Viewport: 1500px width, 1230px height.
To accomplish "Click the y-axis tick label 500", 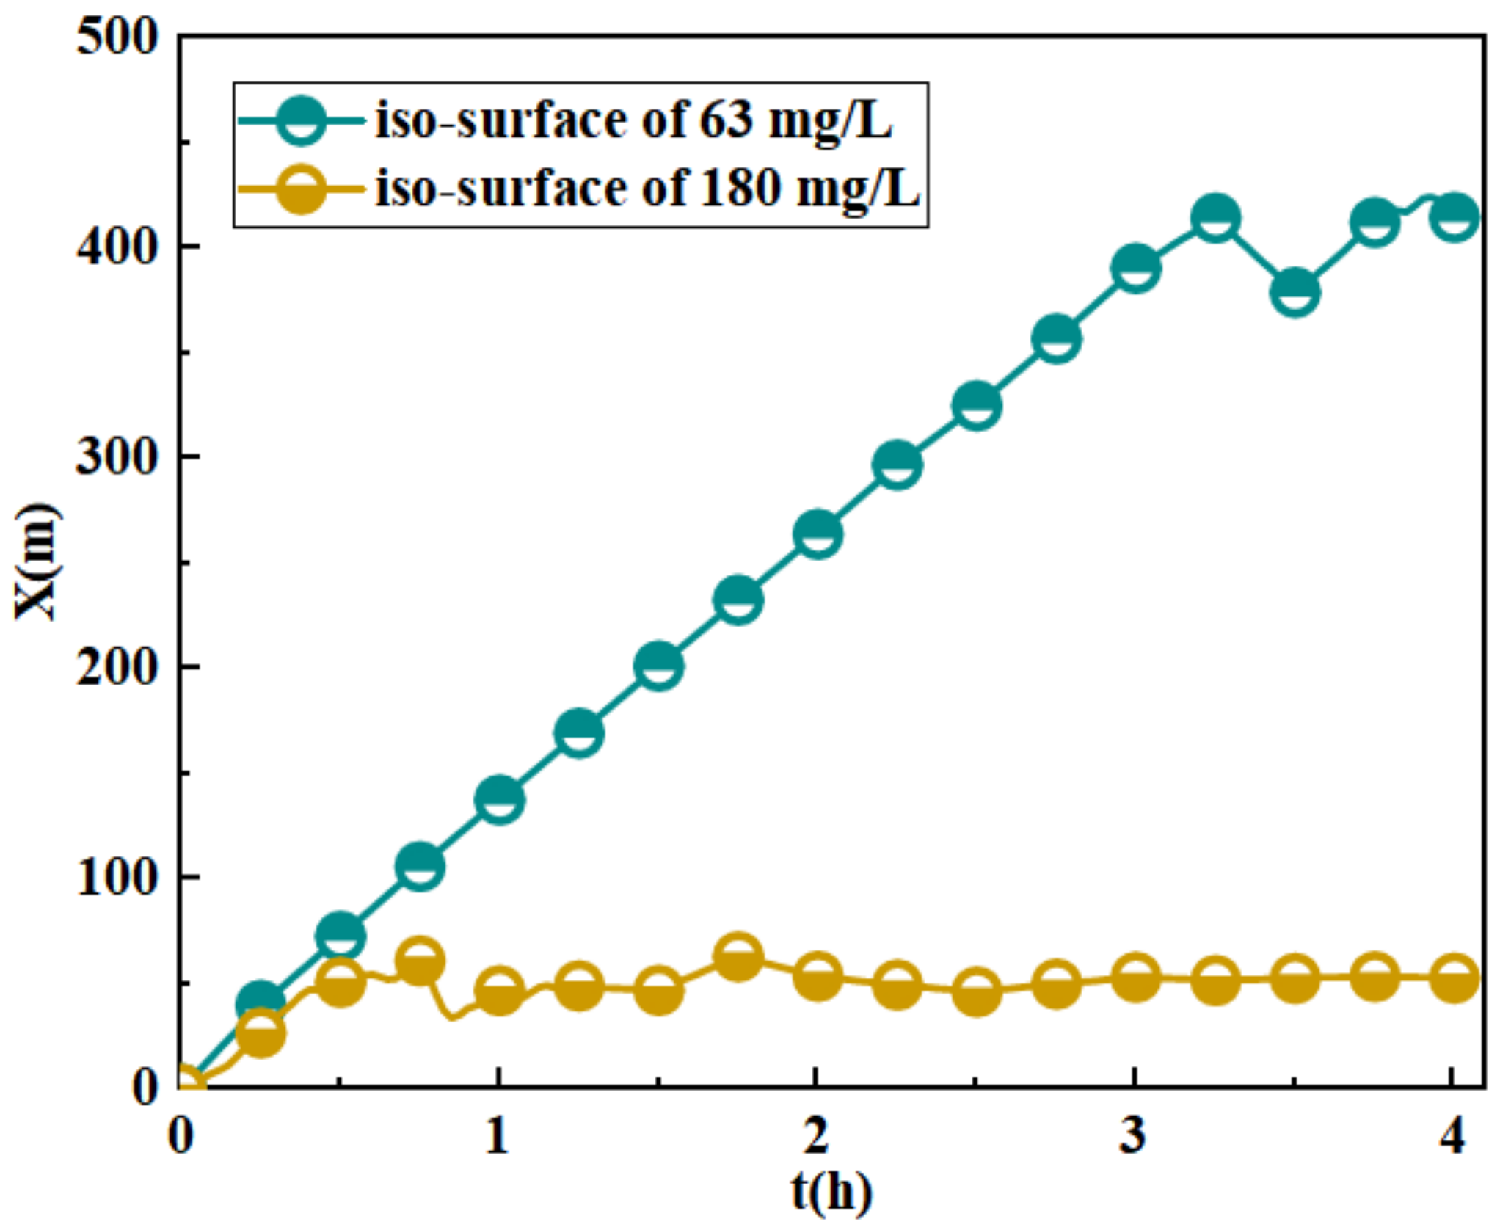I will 117,37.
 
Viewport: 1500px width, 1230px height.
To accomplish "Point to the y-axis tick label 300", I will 117,456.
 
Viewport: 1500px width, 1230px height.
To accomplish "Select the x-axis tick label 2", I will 816,1136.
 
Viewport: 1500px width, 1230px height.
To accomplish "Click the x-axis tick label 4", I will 1452,1136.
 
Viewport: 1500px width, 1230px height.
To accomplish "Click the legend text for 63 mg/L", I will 634,120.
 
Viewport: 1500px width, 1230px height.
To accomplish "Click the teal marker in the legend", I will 302,120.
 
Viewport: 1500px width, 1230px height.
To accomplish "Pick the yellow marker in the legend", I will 302,189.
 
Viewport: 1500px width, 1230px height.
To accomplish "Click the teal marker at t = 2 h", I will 818,534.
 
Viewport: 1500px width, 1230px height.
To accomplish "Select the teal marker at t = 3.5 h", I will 1295,291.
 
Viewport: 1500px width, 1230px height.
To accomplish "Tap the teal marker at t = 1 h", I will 500,799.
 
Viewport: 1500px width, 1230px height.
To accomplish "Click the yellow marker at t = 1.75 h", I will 738,958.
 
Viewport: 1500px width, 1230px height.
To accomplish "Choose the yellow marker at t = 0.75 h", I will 419,961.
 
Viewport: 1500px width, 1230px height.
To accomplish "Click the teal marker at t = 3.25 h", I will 1215,217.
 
